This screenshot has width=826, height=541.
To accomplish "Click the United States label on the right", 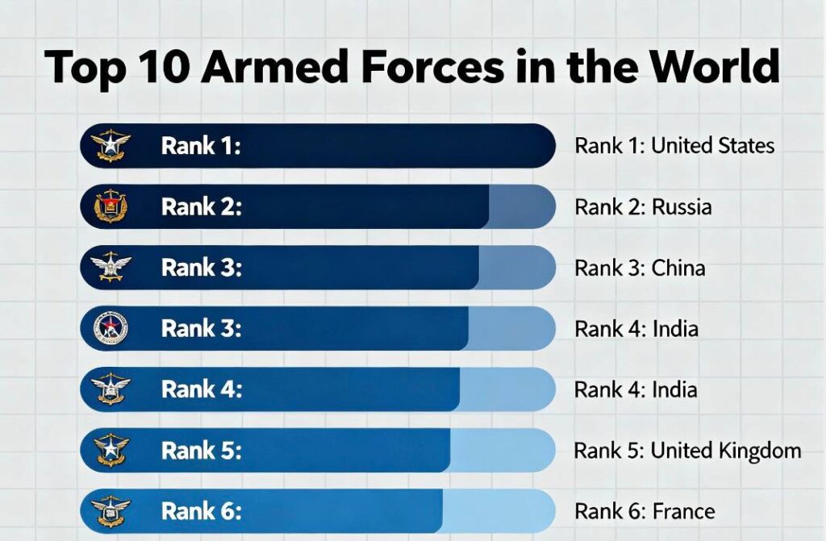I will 712,146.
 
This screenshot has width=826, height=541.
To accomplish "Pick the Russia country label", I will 682,207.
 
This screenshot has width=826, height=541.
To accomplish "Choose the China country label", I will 678,268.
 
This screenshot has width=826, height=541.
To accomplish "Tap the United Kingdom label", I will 726,451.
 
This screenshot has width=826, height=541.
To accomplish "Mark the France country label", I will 682,511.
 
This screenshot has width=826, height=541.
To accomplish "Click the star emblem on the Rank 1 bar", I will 111,146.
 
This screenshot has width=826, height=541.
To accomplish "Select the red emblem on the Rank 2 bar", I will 111,206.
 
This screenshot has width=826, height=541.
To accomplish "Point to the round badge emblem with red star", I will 111,329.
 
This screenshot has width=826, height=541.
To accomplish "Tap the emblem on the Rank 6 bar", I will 111,511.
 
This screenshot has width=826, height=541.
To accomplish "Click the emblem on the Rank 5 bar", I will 111,450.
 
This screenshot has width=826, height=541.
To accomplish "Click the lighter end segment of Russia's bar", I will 520,207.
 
